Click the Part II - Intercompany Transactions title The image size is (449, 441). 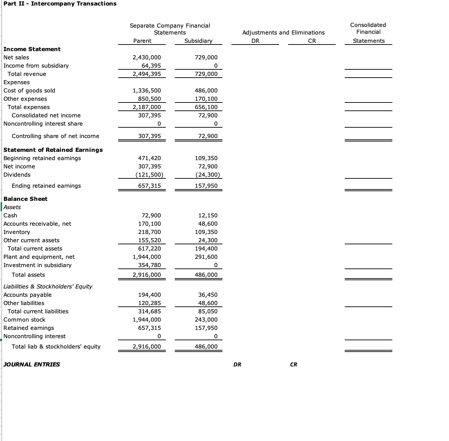60,4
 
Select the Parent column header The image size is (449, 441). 142,41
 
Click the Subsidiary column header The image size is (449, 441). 198,41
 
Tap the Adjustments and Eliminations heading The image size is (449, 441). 283,32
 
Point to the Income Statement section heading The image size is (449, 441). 32,49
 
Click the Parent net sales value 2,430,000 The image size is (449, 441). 147,57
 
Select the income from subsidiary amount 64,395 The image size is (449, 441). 151,66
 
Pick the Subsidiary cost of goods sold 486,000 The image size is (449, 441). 206,90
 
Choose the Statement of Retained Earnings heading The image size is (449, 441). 53,150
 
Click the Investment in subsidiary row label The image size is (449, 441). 37,265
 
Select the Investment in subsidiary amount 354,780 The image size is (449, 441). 150,265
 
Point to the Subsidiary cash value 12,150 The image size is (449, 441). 208,215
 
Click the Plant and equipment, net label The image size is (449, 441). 39,257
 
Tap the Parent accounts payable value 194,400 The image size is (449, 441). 150,295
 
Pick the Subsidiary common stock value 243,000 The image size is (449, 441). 206,320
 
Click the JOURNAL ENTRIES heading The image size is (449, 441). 31,364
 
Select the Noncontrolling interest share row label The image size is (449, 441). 43,124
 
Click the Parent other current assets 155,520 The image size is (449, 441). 150,240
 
